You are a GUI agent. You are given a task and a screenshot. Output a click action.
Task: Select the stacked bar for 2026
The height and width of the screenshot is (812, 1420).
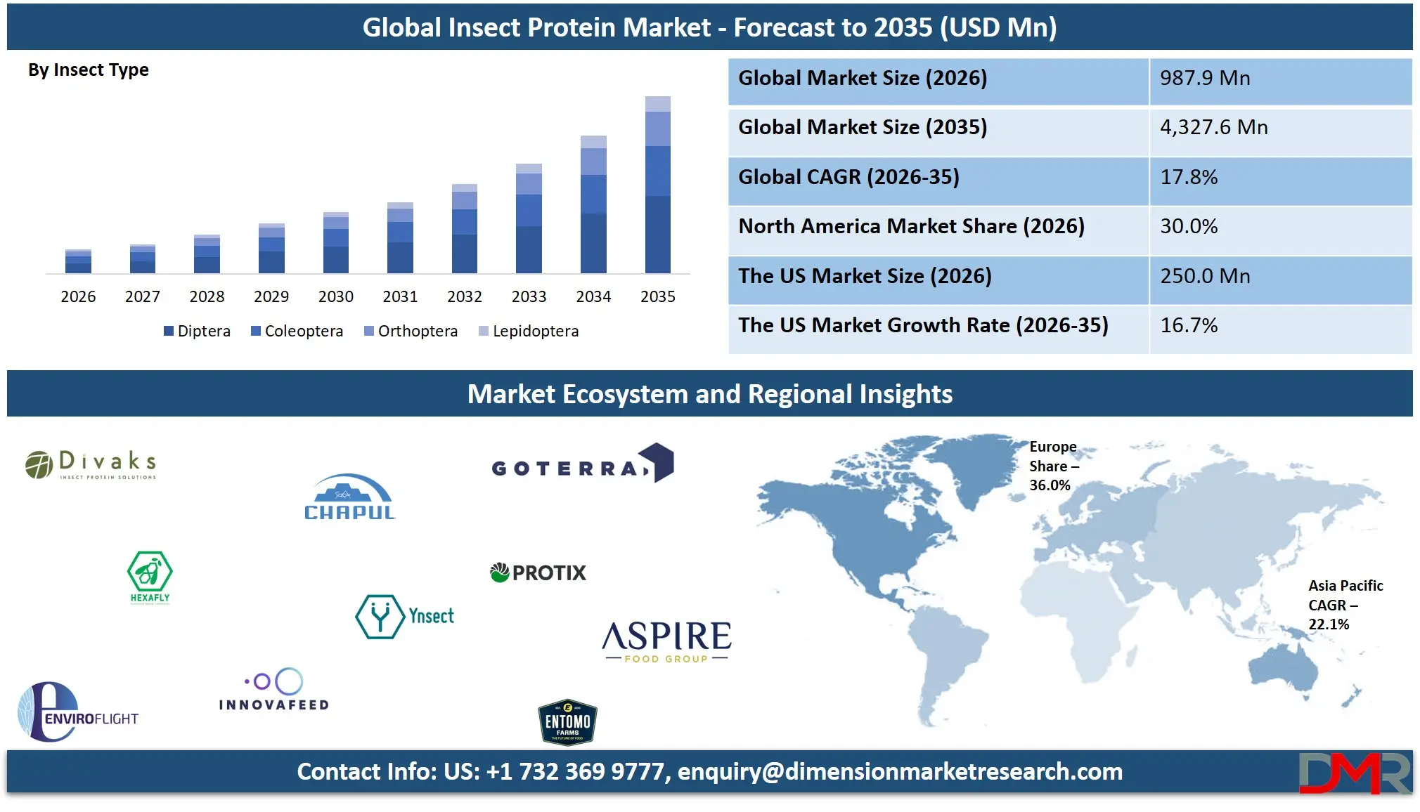click(x=78, y=261)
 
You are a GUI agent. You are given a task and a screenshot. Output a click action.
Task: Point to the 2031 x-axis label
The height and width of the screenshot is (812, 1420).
click(x=400, y=296)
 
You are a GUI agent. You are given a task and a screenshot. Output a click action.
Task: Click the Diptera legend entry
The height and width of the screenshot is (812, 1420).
click(x=197, y=331)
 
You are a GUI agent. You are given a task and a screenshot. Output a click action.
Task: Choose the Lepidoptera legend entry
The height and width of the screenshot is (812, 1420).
click(x=529, y=331)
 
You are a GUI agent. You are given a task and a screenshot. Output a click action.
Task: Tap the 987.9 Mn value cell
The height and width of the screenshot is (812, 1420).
click(x=1279, y=79)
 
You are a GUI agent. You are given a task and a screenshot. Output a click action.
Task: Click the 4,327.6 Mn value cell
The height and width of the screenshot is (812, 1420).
click(x=1279, y=128)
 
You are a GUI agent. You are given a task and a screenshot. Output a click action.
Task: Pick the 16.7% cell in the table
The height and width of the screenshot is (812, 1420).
click(x=1279, y=326)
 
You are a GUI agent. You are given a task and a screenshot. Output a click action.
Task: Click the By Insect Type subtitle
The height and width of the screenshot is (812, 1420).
click(x=89, y=70)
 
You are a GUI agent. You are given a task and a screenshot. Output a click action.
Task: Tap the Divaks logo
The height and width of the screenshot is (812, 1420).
click(x=91, y=464)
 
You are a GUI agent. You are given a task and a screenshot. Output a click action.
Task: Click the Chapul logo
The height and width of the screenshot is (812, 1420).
click(x=349, y=497)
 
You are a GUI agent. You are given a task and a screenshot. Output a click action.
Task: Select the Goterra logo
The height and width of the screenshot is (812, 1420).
click(x=583, y=464)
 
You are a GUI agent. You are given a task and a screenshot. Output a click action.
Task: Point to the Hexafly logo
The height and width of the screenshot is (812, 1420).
click(x=150, y=577)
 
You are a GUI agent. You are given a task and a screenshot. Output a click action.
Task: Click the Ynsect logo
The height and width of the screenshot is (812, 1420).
click(x=405, y=616)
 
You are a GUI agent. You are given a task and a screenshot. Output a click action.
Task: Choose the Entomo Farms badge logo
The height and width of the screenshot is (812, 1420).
click(x=567, y=722)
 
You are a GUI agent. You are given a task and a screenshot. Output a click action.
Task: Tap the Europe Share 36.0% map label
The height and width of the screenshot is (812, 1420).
click(x=1053, y=466)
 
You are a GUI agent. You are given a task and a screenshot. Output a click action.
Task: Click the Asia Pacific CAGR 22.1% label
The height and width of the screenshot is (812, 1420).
click(x=1344, y=605)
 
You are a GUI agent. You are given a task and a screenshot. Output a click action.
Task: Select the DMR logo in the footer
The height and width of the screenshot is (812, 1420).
click(x=1354, y=772)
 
